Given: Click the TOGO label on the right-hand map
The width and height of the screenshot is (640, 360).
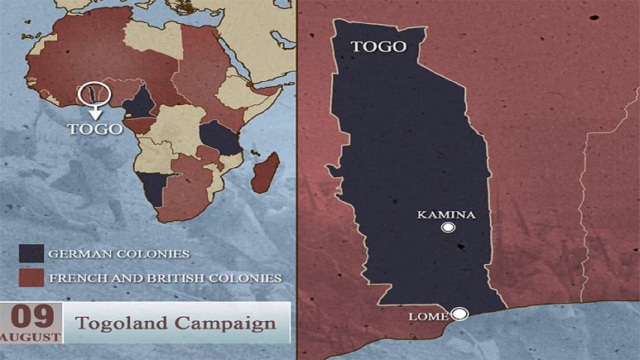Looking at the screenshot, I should click(379, 46).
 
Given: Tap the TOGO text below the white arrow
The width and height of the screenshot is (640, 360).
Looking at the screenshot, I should click(94, 128).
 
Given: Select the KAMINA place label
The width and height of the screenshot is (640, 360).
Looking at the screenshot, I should click(446, 214).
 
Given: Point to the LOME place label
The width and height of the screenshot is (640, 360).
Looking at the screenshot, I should click(428, 316).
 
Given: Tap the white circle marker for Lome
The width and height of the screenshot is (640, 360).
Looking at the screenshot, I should click(460, 313).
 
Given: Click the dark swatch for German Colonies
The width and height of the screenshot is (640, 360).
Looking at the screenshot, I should click(31, 252).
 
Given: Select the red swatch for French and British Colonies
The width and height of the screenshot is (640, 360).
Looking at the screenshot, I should click(31, 276).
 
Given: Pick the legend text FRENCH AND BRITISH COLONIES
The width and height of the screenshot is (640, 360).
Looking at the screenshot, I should click(165, 277).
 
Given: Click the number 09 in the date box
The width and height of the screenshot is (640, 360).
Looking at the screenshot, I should click(31, 316).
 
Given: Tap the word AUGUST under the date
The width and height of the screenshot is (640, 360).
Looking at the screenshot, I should click(31, 337).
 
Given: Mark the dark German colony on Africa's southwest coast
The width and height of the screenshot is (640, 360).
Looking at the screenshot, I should click(155, 188).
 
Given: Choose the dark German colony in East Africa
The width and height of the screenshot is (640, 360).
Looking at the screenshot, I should click(221, 137).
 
